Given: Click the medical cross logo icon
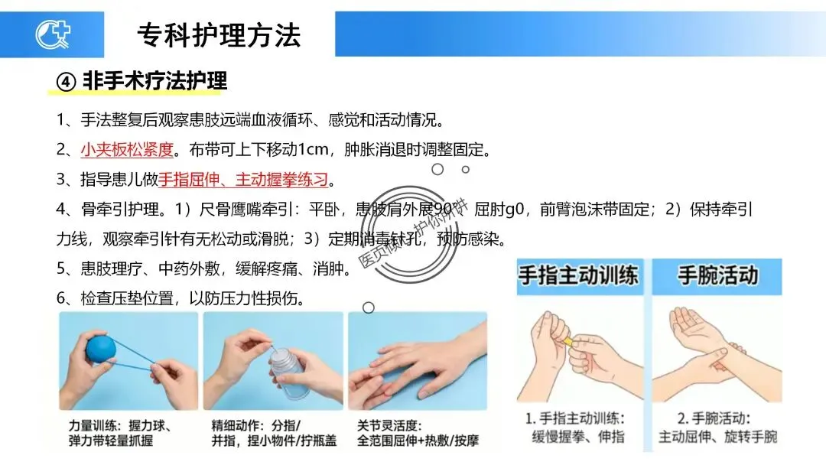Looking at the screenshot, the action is point(53,34).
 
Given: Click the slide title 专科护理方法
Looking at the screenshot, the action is point(220,36).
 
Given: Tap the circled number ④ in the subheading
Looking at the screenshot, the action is point(67,82).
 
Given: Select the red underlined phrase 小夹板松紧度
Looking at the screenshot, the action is point(127,150).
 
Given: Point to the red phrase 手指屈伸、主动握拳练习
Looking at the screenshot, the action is point(243,180).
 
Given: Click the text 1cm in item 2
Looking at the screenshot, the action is point(314,150).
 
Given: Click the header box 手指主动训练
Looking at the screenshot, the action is point(580,276).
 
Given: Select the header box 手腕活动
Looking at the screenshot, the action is point(717,276).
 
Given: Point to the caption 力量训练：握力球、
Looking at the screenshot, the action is point(121,425).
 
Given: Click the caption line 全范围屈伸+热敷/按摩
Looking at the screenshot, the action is point(418,441).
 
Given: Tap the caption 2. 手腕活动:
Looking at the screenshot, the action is point(714,418).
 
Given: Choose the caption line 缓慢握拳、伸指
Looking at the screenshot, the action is point(578,437).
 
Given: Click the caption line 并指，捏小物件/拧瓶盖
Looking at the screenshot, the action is point(274,441).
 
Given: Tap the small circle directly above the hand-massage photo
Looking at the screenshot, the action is point(369,307).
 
